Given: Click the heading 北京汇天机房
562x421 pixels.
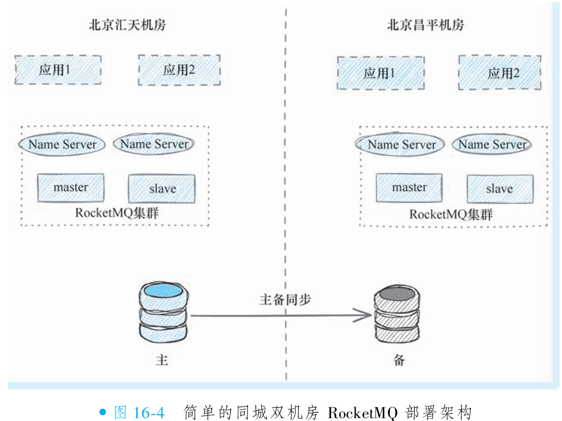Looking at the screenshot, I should pos(127,25).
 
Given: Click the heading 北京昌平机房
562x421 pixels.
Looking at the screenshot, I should pos(425,25).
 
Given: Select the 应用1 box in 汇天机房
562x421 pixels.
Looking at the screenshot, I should pos(58,70).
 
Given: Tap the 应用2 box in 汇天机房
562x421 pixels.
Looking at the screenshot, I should pos(180,70).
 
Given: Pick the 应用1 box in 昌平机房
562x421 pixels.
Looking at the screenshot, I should pos(380,73).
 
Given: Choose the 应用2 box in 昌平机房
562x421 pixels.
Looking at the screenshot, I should pos(500,73).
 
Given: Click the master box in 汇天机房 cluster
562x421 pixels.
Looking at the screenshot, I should pos(71,188).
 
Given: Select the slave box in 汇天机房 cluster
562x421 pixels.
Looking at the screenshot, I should pos(162,189).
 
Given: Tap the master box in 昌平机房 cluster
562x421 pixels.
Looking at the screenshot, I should pos(409,188).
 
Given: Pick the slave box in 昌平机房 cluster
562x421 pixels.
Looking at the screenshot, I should pos(500,189).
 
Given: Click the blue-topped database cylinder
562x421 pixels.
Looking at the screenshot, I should pos(163,313).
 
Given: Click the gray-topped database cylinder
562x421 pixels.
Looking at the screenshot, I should pos(397,315).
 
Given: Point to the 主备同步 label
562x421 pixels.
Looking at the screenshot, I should pos(285,300).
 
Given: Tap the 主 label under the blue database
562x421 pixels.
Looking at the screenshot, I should pos(162,361).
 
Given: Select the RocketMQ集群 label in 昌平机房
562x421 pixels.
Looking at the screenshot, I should pos(451,214).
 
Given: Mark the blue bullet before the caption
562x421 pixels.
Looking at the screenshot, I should pos(102,412).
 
